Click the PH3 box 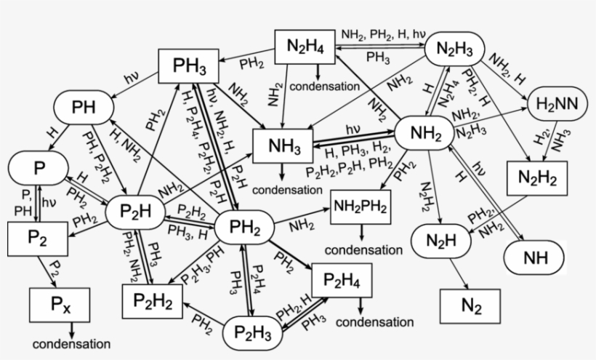(190, 69)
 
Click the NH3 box (283, 145)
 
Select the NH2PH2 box (361, 207)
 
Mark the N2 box (470, 305)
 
